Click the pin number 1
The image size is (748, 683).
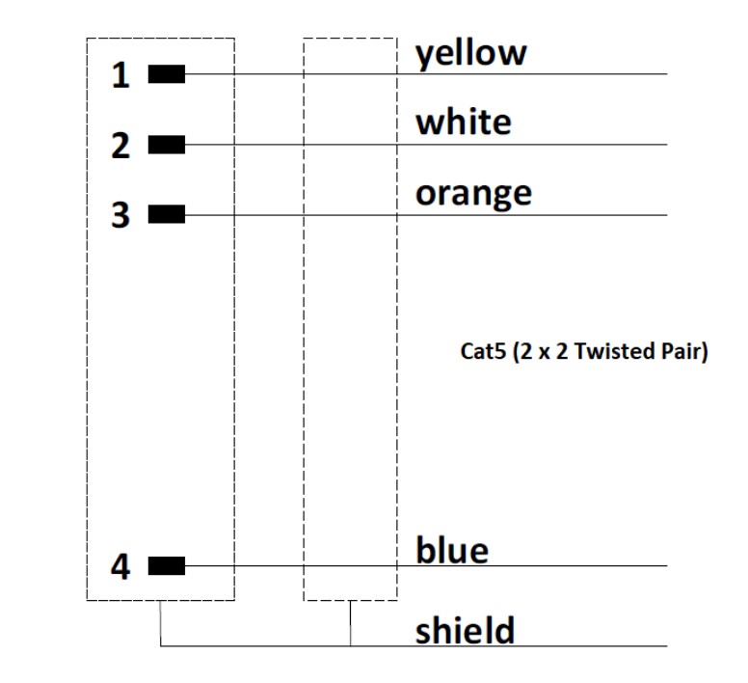[x=120, y=75]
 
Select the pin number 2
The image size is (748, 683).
[x=120, y=147]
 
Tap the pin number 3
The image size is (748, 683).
[x=120, y=215]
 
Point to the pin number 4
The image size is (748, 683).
[x=120, y=567]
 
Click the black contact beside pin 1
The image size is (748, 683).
[x=166, y=73]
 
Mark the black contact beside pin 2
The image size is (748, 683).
[x=166, y=145]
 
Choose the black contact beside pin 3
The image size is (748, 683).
[x=166, y=214]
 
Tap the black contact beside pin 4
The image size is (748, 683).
[x=166, y=565]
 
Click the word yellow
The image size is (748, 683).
[x=470, y=54]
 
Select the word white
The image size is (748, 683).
[x=463, y=123]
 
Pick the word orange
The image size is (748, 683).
[x=472, y=194]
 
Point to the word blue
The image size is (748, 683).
[x=451, y=551]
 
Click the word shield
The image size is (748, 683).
[x=465, y=631]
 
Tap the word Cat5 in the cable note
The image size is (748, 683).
[x=481, y=351]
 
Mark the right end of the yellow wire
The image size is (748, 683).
[x=666, y=73]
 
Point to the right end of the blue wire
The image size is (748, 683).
[x=666, y=565]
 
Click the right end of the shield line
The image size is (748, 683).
[x=666, y=645]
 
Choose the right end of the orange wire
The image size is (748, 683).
[x=666, y=214]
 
